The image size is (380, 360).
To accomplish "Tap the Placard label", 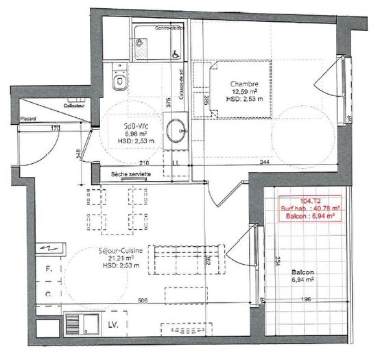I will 27,118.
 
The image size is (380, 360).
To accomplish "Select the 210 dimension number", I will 144,163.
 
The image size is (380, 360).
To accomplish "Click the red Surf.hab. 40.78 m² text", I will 307,208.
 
